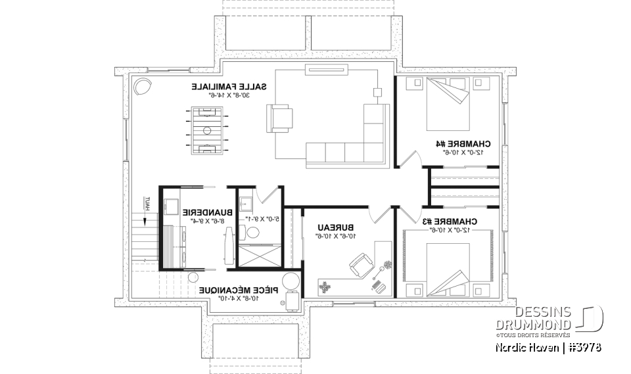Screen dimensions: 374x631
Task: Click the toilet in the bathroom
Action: point(252,232)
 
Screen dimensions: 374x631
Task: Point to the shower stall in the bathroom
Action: point(260,255)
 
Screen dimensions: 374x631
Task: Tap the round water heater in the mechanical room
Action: point(290,281)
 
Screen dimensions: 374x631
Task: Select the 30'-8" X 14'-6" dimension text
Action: point(221,95)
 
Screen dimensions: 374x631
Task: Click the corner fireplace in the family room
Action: point(143,86)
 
